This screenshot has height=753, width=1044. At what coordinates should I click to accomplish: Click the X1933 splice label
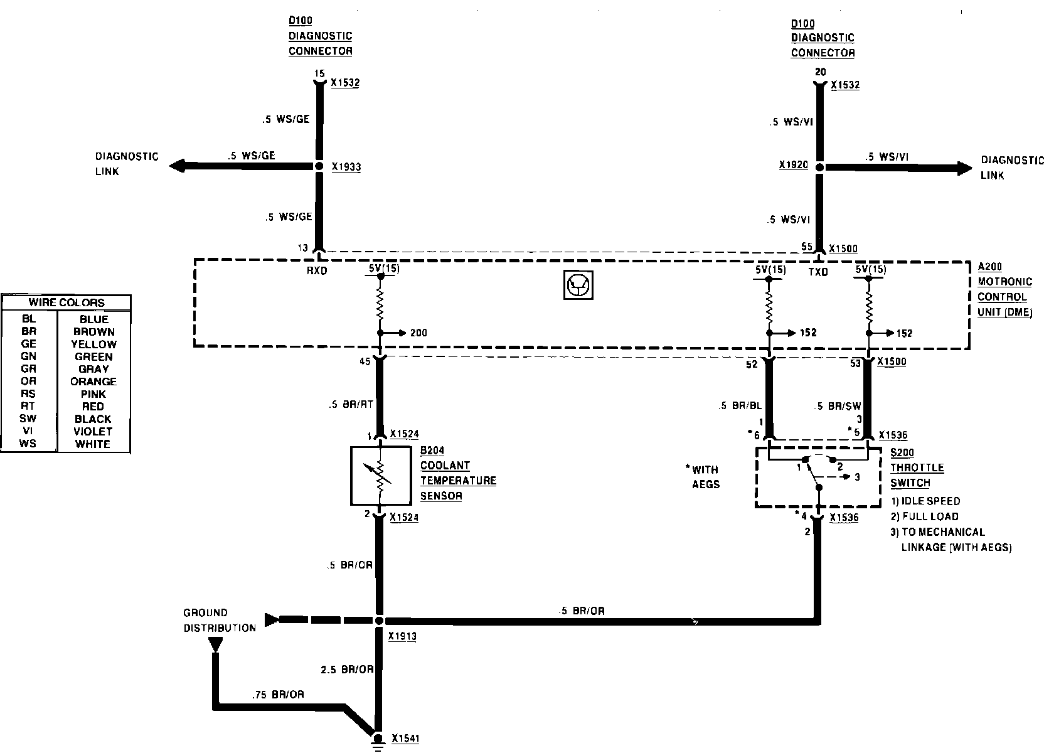346,168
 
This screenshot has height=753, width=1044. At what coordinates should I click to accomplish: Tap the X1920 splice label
793,166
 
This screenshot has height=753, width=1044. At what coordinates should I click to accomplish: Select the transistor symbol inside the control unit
576,286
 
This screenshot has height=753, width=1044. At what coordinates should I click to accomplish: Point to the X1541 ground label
405,739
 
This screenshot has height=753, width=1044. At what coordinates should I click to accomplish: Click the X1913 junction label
402,636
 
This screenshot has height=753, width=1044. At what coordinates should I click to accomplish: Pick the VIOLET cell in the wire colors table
93,431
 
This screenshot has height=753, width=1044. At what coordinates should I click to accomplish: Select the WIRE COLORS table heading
67,302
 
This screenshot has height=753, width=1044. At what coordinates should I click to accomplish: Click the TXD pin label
818,272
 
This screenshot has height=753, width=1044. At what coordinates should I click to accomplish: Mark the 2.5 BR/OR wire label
347,670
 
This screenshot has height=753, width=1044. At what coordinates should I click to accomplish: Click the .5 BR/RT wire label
351,405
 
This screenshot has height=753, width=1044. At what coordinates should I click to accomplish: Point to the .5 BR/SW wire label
837,406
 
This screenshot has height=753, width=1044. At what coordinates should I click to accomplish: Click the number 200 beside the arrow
418,333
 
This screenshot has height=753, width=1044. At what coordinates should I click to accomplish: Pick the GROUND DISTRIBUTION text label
219,620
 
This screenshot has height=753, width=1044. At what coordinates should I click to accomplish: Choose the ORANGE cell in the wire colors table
93,382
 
